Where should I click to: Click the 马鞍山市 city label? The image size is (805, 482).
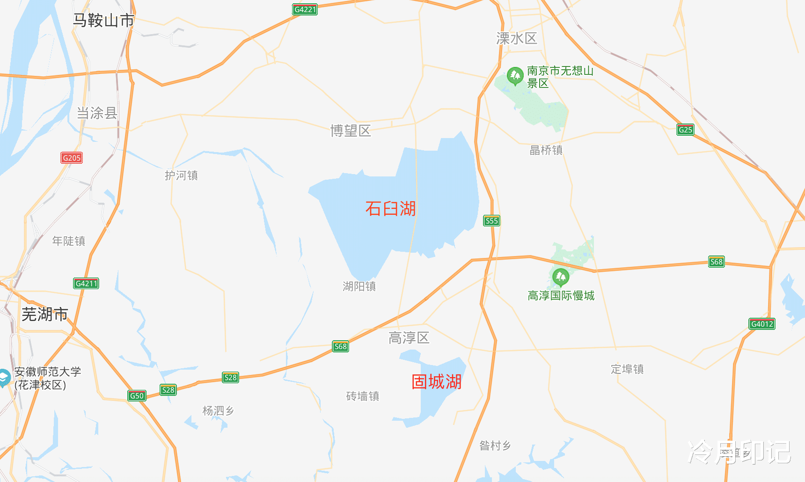[x=103, y=21]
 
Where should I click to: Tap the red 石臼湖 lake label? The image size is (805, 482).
[x=390, y=209]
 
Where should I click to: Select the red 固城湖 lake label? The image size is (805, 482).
[x=436, y=382]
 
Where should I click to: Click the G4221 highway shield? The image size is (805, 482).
[x=305, y=9]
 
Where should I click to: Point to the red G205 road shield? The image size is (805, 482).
[x=72, y=158]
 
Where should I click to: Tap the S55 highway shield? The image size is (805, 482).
[x=491, y=221]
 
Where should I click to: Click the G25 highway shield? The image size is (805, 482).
[x=685, y=130]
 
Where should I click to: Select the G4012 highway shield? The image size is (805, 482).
[x=762, y=324]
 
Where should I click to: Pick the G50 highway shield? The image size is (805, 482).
[x=137, y=396]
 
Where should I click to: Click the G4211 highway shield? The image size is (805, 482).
[x=86, y=283]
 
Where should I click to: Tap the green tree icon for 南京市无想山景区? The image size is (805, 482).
[x=515, y=76]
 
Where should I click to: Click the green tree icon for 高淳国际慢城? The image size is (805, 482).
[x=560, y=277]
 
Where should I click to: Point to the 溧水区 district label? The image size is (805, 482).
[x=517, y=38]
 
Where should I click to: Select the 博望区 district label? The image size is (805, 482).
[x=351, y=131]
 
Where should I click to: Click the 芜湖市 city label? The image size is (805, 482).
[x=45, y=314]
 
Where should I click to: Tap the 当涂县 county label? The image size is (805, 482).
[x=97, y=113]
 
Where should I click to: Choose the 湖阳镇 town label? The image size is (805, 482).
[x=359, y=286]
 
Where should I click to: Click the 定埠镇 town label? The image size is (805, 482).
[x=627, y=369]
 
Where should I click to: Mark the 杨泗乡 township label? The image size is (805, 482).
[x=218, y=411]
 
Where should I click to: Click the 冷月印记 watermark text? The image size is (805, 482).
[x=739, y=452]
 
